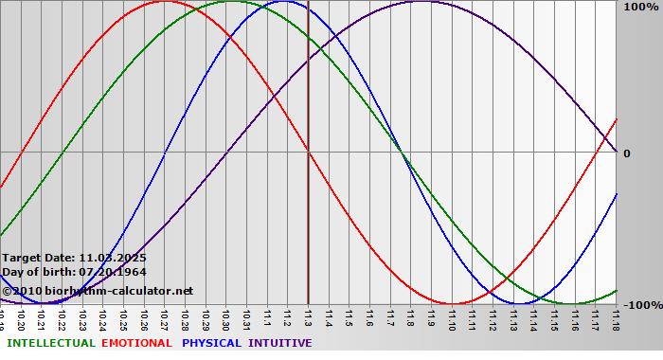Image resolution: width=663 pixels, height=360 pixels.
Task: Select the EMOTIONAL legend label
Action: tap(136, 343)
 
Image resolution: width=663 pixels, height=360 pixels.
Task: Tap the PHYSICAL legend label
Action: tap(212, 343)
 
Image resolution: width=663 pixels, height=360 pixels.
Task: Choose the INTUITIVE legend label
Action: tap(280, 343)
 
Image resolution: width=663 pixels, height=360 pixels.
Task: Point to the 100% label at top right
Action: tap(639, 7)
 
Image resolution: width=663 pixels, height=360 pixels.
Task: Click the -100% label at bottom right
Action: tap(641, 305)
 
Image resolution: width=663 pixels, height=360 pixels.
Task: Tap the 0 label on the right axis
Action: tap(626, 153)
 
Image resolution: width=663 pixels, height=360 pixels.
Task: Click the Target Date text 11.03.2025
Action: tap(113, 258)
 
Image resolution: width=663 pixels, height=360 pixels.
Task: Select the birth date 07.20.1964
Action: tap(112, 272)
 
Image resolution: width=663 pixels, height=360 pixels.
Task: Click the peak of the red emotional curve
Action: tap(165, 1)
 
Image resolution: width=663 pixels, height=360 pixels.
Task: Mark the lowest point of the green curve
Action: tap(575, 304)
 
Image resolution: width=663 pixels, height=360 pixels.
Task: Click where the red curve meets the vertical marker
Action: tap(309, 153)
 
